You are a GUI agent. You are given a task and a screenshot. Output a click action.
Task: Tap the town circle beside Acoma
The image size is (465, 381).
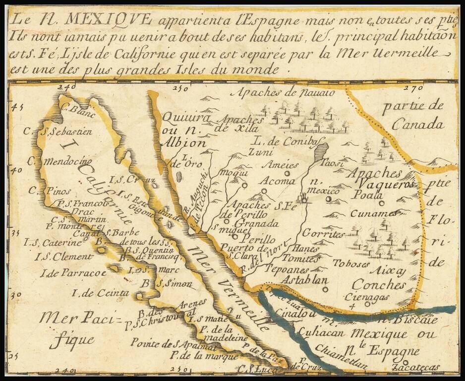pyautogui.click(x=287, y=174)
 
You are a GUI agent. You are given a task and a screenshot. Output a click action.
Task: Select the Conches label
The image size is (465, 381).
pyautogui.click(x=379, y=285)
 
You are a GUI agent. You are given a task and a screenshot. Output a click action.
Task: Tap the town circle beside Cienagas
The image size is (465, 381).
pyautogui.click(x=367, y=304)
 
